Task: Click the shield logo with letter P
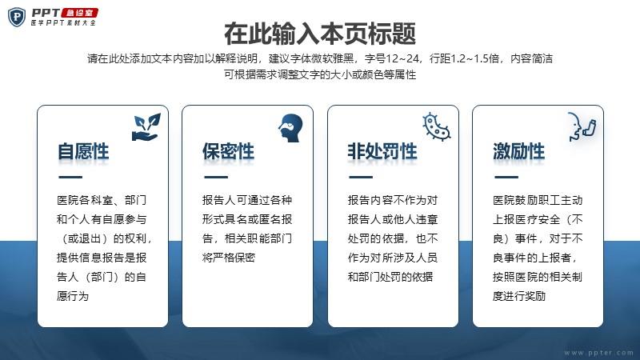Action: click(16, 17)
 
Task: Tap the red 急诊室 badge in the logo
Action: click(80, 13)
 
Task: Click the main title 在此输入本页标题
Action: click(320, 34)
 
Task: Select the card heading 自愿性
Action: click(83, 151)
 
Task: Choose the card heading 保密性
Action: click(228, 151)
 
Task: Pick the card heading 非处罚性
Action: click(382, 151)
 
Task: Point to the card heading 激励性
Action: click(518, 151)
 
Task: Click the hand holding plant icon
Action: click(146, 127)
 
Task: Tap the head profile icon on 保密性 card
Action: click(290, 128)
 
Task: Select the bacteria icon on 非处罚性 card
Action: click(436, 127)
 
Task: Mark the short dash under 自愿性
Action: click(70, 177)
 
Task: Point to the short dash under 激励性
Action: click(506, 177)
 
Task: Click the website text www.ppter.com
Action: click(598, 352)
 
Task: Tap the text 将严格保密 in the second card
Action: click(229, 258)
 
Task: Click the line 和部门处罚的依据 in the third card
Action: click(390, 277)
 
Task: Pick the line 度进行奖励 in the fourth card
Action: click(519, 296)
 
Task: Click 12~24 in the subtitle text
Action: click(403, 58)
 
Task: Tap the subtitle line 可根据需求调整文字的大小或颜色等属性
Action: click(320, 74)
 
